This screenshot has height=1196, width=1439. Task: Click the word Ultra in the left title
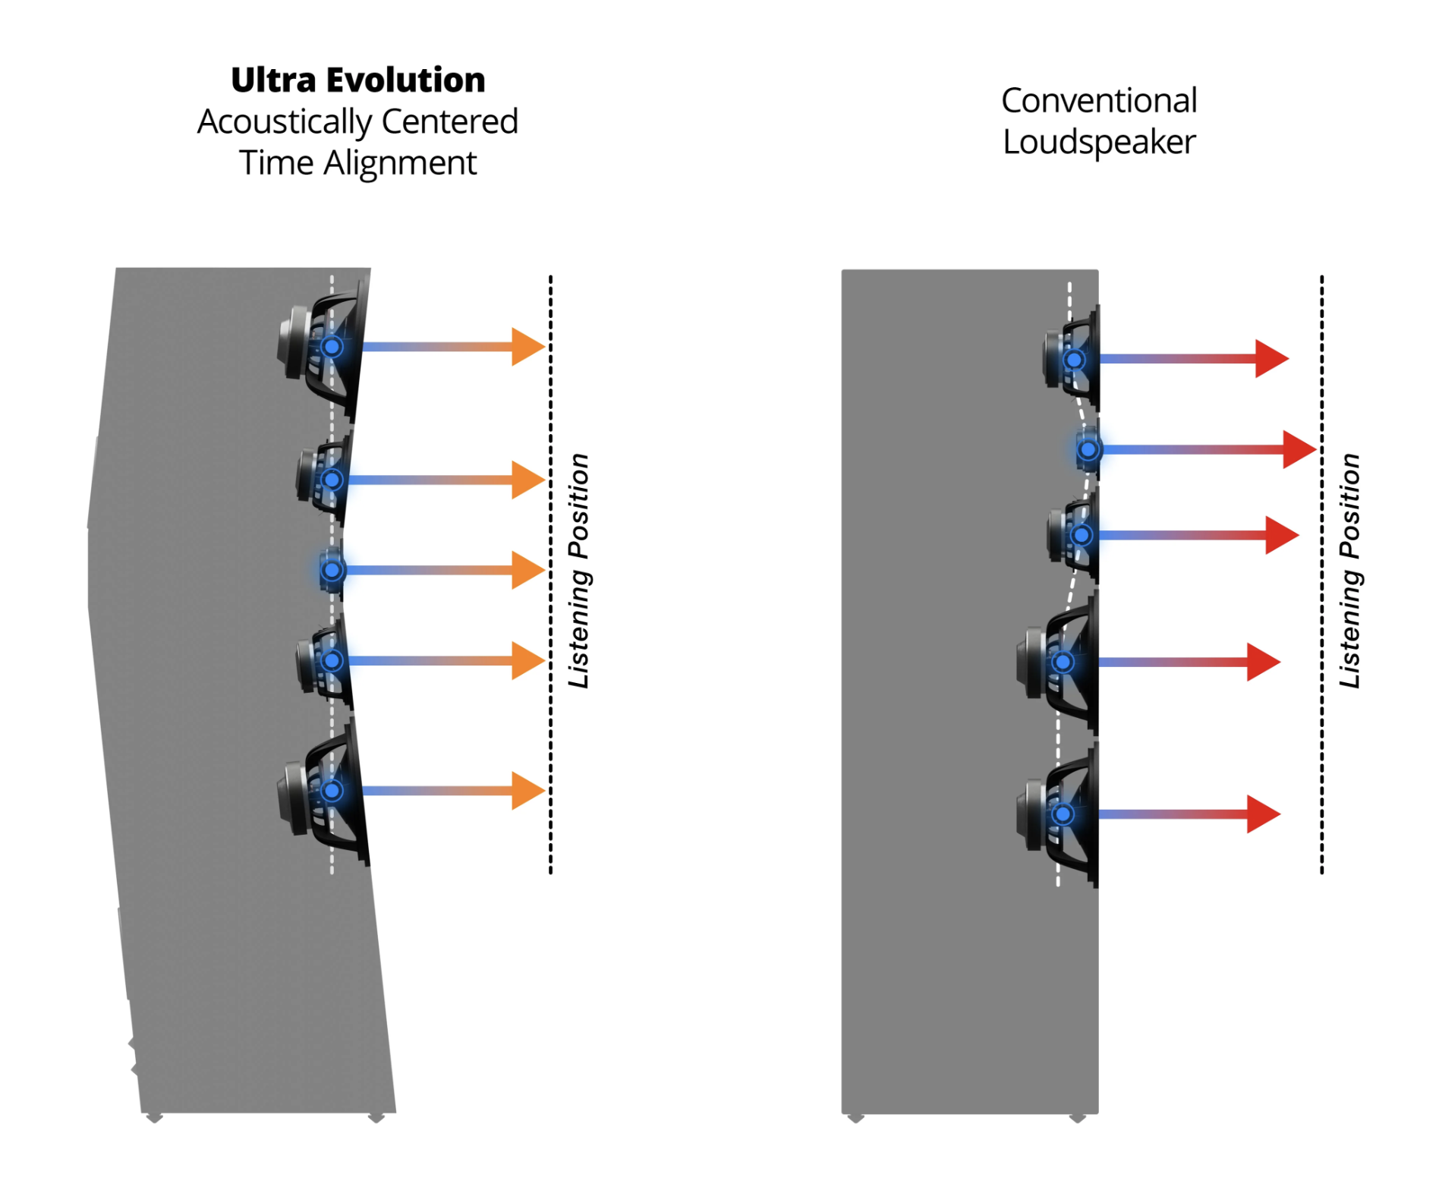click(x=274, y=80)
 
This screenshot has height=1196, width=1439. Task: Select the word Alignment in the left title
click(x=400, y=163)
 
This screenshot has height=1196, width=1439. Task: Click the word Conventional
click(x=1098, y=101)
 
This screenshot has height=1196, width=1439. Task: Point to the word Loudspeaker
click(x=1098, y=143)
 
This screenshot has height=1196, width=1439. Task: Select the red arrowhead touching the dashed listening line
click(x=1299, y=449)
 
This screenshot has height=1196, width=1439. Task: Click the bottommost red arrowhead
click(x=1263, y=814)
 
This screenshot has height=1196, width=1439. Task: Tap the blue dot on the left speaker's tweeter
click(x=332, y=570)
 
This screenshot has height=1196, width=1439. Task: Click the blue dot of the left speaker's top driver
click(x=332, y=347)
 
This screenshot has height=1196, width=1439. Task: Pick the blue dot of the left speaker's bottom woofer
click(x=332, y=791)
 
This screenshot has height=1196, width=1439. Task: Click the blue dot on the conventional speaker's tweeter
click(x=1088, y=449)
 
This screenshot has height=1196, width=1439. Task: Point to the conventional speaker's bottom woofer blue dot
click(x=1063, y=814)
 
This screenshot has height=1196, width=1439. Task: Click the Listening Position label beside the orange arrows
click(x=579, y=571)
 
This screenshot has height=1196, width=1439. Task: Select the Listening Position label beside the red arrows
click(x=1350, y=571)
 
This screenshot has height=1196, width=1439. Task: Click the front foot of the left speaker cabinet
click(x=376, y=1116)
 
